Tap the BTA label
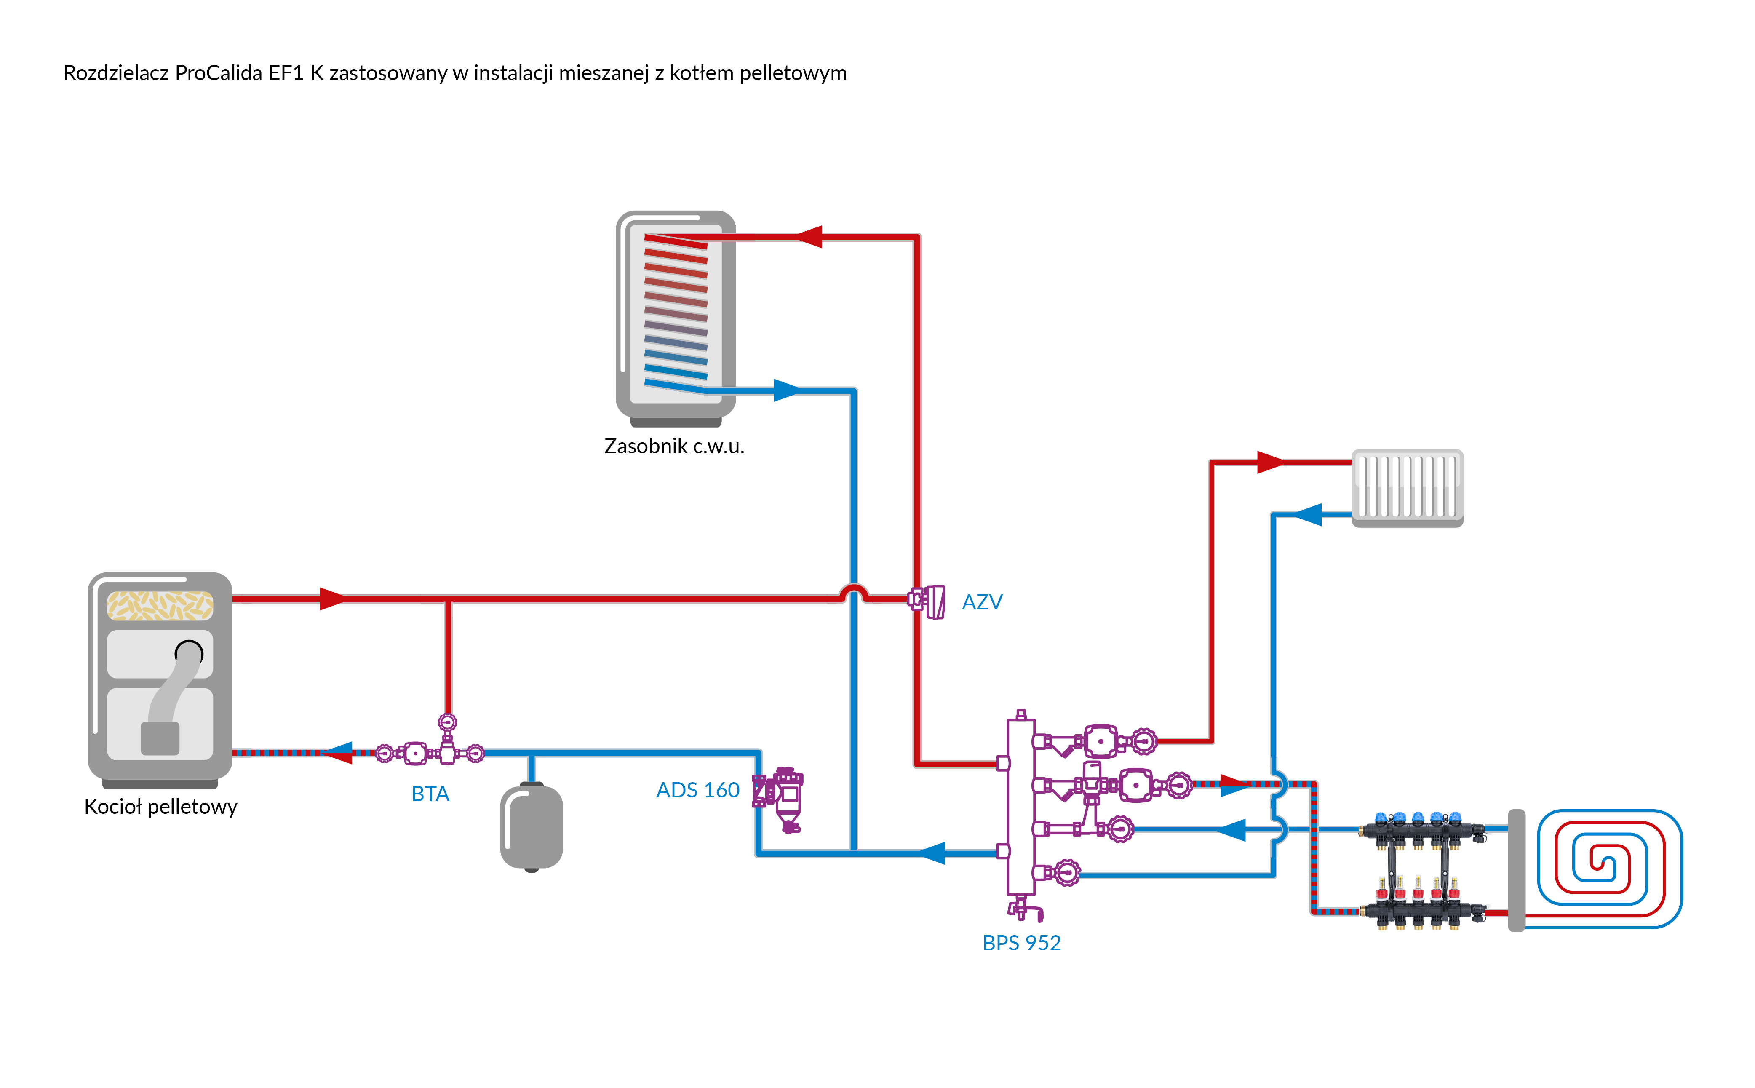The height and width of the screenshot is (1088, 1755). click(430, 794)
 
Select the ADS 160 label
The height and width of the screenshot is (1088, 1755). click(698, 790)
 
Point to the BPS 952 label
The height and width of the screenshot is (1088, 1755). click(1021, 943)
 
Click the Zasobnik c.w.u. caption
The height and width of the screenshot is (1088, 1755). click(674, 446)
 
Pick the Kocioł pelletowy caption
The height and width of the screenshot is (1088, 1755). click(160, 807)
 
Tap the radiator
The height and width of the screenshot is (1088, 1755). click(1408, 488)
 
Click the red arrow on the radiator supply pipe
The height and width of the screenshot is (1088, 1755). click(1271, 462)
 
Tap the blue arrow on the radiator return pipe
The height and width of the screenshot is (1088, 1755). click(1308, 514)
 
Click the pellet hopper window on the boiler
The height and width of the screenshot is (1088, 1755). click(160, 605)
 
